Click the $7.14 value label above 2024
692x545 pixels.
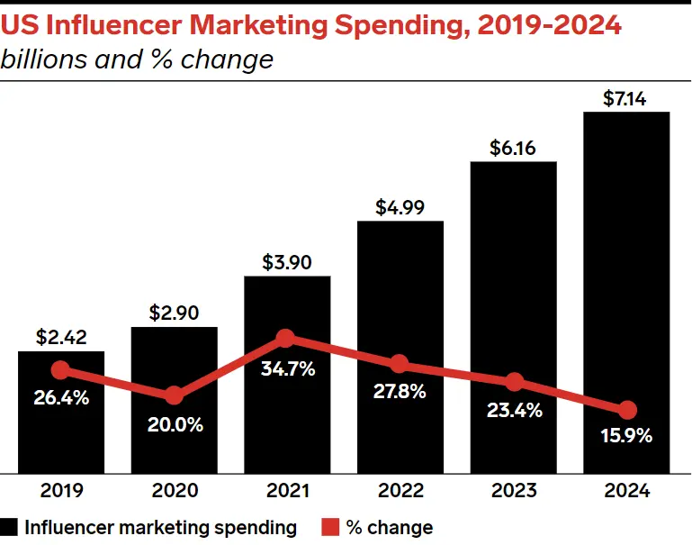coord(626,98)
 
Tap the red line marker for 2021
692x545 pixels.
coord(285,339)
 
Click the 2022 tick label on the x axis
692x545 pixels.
coord(400,491)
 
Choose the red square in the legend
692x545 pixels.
coord(329,528)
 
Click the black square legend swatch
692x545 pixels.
coord(10,528)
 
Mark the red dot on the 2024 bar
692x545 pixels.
coord(627,409)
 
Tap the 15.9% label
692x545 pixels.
coord(627,437)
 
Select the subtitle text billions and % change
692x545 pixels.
coord(137,59)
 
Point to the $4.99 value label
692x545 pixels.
coord(400,206)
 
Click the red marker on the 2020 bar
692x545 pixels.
coord(174,395)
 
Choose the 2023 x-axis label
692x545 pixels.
coord(514,491)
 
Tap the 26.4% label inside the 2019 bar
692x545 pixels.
coord(61,397)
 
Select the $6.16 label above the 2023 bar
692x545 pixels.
coord(513,148)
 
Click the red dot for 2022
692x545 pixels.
coord(400,364)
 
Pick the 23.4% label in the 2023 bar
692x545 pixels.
coord(514,410)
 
